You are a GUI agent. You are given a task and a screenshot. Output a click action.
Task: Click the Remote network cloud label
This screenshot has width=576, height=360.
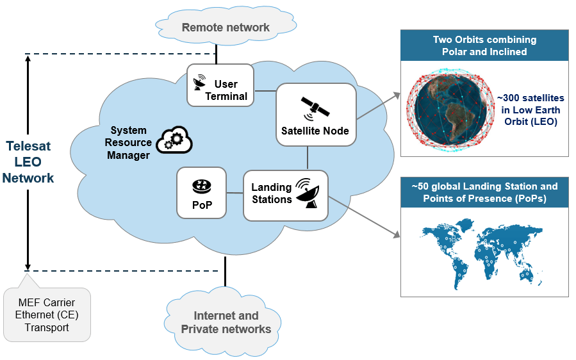pos(226,28)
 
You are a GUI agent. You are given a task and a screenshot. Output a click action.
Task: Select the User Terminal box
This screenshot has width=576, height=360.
pos(220,85)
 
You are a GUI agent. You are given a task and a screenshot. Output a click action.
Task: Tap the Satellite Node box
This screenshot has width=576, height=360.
pos(315,115)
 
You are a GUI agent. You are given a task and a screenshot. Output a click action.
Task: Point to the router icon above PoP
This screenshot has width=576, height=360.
pos(201,184)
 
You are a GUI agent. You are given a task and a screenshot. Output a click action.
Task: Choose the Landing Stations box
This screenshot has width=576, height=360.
pos(285,195)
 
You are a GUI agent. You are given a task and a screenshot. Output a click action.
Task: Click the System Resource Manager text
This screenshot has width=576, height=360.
pos(130,143)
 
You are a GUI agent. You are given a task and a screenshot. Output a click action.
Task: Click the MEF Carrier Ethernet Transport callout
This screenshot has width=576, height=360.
pos(47,315)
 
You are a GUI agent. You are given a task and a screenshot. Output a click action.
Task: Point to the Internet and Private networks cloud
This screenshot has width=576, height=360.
pos(226,322)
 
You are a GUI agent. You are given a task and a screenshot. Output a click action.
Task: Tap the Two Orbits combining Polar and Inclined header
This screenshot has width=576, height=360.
pos(484,45)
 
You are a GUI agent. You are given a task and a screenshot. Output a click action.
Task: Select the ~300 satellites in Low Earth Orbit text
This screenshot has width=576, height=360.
pos(531,110)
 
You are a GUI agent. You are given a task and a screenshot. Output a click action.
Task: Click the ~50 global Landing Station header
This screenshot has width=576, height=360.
pos(484,192)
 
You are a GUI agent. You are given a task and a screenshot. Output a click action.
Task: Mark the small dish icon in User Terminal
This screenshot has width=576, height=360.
pos(200,82)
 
